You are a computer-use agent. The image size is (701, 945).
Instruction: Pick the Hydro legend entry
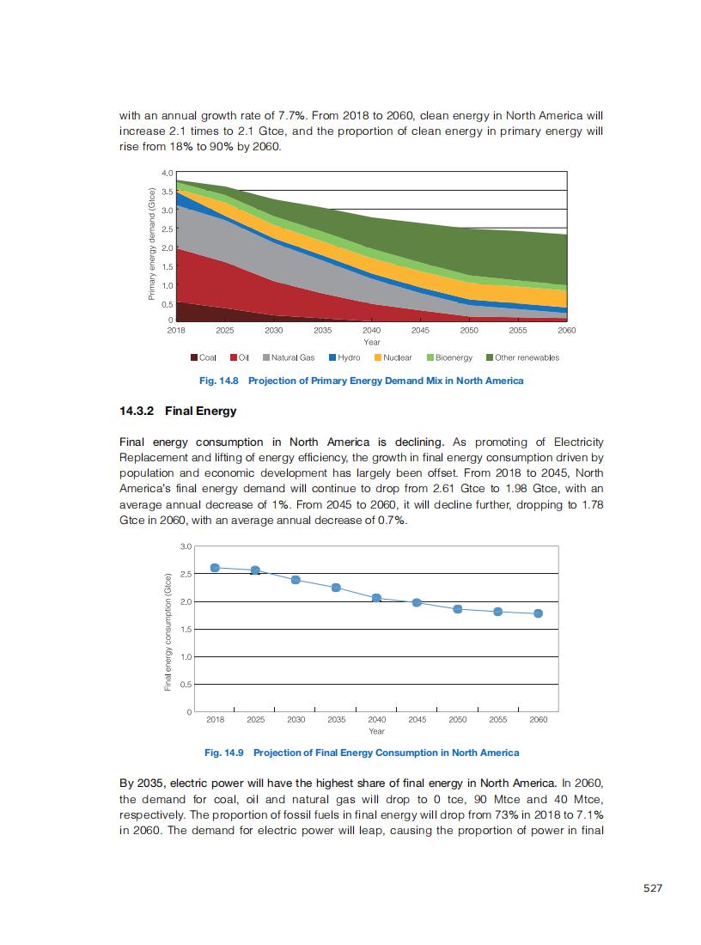click(x=344, y=357)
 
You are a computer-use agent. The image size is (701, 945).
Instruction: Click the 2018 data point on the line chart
click(x=215, y=568)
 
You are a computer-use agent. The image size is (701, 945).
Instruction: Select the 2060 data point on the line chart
click(x=539, y=613)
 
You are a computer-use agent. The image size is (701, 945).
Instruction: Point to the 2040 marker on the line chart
click(x=376, y=597)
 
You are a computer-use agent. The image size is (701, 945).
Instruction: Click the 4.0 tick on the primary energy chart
click(x=167, y=173)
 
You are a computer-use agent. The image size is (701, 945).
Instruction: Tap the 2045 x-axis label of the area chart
click(x=420, y=330)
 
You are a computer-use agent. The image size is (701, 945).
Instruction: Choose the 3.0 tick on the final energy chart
click(x=186, y=546)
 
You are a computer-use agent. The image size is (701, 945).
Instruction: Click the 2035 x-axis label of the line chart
click(x=336, y=720)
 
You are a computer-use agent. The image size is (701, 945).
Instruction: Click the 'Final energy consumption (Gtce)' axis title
click(x=168, y=631)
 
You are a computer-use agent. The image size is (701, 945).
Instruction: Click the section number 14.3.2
click(x=137, y=411)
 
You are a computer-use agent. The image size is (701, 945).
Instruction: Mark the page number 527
click(x=653, y=888)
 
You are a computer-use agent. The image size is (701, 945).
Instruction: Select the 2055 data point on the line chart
click(x=497, y=612)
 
